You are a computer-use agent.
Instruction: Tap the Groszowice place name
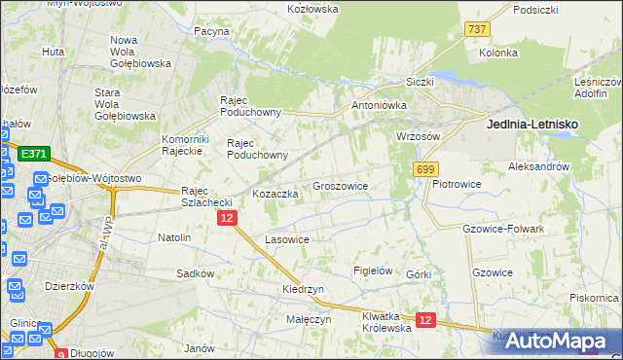340,185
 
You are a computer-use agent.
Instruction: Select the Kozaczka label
275,194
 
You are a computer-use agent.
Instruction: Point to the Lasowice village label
287,238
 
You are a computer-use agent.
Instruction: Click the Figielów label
373,270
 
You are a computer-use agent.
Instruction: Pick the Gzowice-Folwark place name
504,229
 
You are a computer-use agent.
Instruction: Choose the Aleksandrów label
538,167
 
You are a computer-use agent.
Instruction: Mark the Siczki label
420,82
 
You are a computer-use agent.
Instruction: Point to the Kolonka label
497,53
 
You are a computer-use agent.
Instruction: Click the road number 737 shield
476,30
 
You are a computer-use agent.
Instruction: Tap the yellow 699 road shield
425,169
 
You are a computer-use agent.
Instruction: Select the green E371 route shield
34,154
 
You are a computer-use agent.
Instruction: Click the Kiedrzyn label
303,290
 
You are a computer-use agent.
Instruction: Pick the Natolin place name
174,237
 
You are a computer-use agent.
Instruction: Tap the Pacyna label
211,31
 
